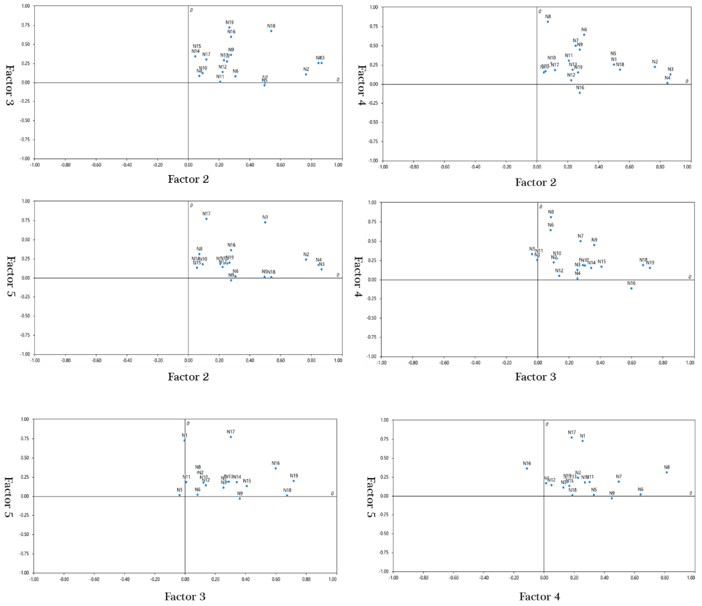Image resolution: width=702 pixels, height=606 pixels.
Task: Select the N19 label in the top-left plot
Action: (230, 22)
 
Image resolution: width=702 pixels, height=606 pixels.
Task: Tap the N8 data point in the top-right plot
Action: (548, 22)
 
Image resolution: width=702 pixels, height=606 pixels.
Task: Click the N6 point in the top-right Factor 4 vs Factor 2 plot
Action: (584, 34)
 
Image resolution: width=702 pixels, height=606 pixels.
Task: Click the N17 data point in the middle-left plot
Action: (206, 219)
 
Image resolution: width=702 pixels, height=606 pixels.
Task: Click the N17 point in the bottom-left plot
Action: (231, 437)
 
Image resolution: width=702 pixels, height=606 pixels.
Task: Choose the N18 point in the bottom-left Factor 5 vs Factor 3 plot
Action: (287, 495)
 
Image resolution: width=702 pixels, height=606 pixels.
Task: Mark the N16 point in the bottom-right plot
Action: (527, 468)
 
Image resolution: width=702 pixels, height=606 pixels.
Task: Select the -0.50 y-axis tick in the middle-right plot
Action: (372, 318)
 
